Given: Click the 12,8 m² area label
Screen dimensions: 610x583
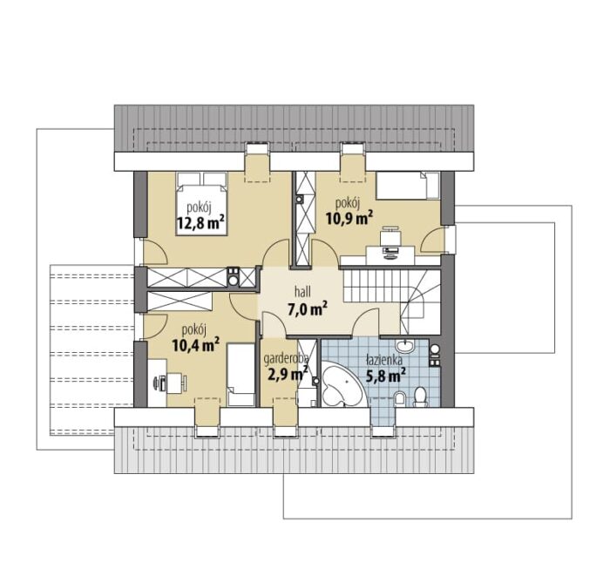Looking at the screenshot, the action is tap(200, 222).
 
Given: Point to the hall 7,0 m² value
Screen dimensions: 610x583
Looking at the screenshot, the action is tap(307, 309).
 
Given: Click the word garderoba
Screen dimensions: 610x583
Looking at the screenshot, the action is tap(286, 359).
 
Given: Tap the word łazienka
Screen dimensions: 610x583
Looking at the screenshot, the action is tap(383, 361).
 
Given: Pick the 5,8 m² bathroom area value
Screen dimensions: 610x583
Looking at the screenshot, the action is tap(385, 376).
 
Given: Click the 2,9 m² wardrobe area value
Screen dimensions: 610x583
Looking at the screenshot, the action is tap(288, 374).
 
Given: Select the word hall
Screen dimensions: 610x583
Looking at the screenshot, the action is tap(302, 292).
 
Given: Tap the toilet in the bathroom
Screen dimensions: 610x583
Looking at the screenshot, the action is tap(420, 397).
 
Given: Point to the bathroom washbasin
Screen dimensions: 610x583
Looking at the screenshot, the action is tap(406, 346).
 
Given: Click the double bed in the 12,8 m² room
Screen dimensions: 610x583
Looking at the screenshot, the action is tap(201, 204).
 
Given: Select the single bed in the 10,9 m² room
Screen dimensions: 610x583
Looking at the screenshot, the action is tap(407, 186).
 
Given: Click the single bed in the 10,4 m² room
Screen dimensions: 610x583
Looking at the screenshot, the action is tap(241, 375).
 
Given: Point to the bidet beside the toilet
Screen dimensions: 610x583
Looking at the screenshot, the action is tap(399, 398).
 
